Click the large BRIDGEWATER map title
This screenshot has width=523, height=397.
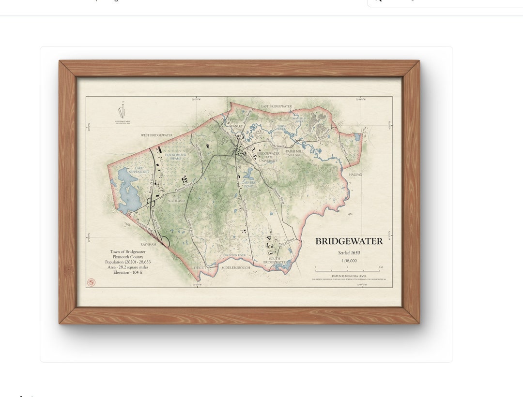coord(349,241)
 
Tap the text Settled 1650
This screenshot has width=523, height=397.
coord(349,252)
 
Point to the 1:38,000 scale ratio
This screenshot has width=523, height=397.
coord(349,261)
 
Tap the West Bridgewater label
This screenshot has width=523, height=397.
coord(156,135)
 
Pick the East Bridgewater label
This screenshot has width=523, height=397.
coord(277,106)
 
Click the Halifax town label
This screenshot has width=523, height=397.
coord(355,174)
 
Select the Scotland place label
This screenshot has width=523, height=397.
coord(176,200)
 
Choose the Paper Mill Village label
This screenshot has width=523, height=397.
coord(296,153)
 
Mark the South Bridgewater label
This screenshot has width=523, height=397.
coord(275,260)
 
